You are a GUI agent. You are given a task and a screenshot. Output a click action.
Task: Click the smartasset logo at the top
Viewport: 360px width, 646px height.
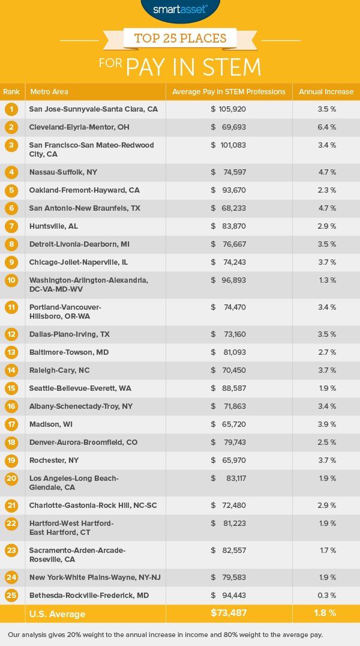click(180, 9)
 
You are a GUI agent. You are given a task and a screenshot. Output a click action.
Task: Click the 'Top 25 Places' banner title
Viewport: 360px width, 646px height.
click(180, 39)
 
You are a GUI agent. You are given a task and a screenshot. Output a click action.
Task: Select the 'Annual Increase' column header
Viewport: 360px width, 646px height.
click(326, 92)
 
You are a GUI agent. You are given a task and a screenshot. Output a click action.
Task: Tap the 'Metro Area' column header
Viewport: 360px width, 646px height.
click(49, 92)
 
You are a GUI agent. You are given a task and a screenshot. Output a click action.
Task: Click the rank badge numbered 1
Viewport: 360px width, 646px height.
click(11, 109)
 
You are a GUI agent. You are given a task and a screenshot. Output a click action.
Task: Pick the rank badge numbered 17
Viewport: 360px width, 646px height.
click(11, 424)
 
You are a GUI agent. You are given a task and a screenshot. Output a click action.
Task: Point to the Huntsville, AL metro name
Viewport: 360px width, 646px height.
click(53, 226)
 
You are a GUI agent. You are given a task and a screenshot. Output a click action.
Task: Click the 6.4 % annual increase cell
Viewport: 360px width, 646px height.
click(326, 127)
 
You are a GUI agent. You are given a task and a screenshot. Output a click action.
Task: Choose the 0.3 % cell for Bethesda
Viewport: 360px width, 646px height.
click(326, 596)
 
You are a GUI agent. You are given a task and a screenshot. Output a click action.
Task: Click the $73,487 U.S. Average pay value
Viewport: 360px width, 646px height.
click(229, 614)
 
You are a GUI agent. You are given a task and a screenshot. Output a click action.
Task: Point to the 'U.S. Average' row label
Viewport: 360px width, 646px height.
click(58, 614)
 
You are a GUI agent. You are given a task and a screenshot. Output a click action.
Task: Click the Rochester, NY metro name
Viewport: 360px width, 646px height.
click(54, 460)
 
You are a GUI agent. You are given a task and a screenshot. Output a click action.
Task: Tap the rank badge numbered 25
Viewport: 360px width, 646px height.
click(11, 596)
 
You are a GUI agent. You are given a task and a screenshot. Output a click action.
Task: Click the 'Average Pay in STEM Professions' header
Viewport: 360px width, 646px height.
click(229, 92)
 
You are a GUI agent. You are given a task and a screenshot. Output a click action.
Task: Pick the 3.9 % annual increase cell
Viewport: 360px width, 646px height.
click(326, 424)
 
